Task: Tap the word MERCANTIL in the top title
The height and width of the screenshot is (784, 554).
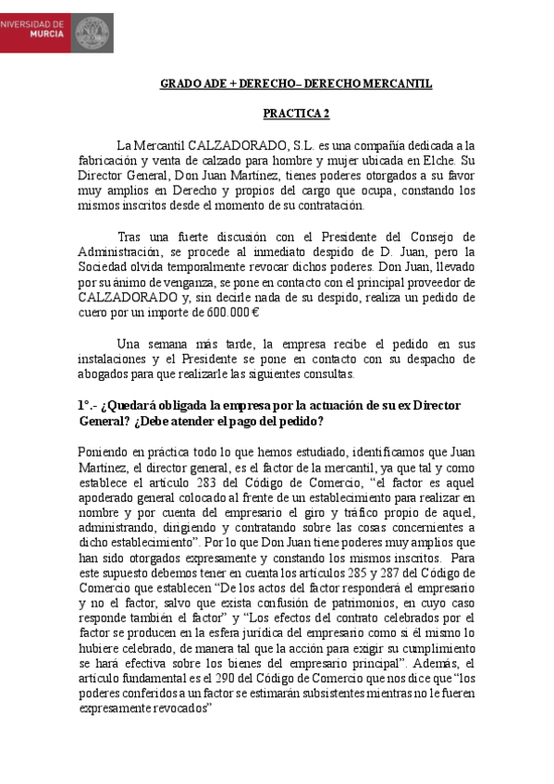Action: point(396,84)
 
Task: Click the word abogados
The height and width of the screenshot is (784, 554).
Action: point(105,373)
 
